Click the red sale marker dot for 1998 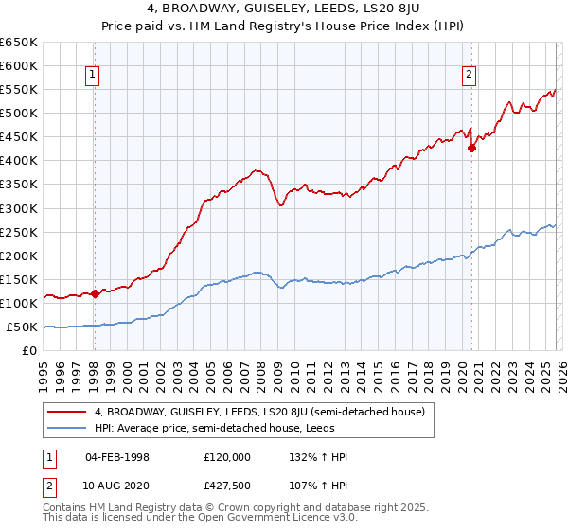pos(95,293)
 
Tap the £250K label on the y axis pos(18,232)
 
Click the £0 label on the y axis pos(27,351)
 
